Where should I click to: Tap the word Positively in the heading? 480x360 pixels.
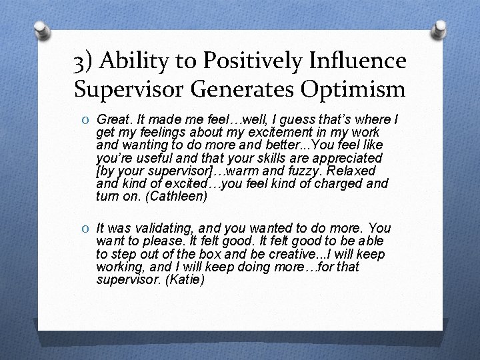pos(237,61)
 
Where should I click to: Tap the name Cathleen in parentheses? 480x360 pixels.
pos(178,196)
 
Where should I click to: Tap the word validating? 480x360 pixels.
pos(155,229)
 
